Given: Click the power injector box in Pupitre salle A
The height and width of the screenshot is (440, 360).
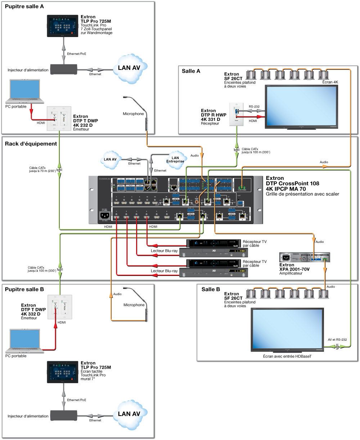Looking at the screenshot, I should tap(64, 69).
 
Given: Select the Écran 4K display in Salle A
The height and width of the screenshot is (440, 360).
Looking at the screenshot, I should tap(302, 106).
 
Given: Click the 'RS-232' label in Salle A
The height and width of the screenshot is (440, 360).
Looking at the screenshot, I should tap(254, 106).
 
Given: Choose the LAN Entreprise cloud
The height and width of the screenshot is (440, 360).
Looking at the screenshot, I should tap(175, 159).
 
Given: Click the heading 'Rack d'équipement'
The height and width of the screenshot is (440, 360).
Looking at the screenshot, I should tap(31, 144).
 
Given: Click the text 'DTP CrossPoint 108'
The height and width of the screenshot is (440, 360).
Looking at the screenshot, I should tap(292, 183).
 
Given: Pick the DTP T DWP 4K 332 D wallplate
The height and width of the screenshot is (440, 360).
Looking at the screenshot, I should tap(60, 307).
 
